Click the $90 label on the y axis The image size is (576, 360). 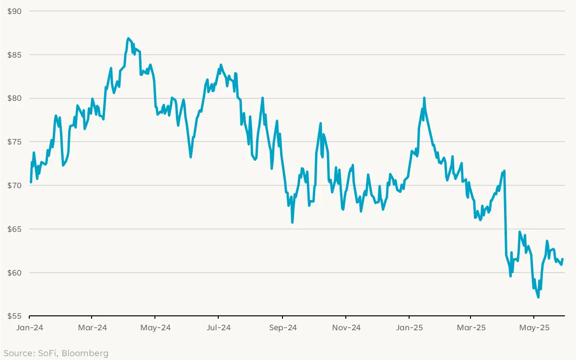[x=14, y=11]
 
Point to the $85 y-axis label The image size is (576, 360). [x=14, y=55]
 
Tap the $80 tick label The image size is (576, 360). [x=14, y=98]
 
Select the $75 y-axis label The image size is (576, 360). [x=14, y=142]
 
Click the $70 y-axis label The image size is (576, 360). [x=14, y=185]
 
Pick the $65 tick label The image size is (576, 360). [x=14, y=229]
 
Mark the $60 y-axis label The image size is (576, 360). [x=14, y=273]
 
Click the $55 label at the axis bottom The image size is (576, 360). [x=14, y=316]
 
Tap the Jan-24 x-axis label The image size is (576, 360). [x=30, y=328]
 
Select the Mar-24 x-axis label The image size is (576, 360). [x=92, y=328]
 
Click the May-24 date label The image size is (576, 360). [x=155, y=328]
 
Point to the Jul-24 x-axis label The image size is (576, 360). [x=218, y=328]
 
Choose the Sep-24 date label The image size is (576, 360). [x=282, y=328]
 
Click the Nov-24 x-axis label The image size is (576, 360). [x=346, y=328]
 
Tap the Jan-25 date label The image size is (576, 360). [x=409, y=328]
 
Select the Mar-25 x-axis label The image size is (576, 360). [x=471, y=328]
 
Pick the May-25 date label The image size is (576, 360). [x=534, y=328]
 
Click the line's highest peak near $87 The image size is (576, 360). [x=128, y=38]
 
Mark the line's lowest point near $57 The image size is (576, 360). [x=538, y=297]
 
